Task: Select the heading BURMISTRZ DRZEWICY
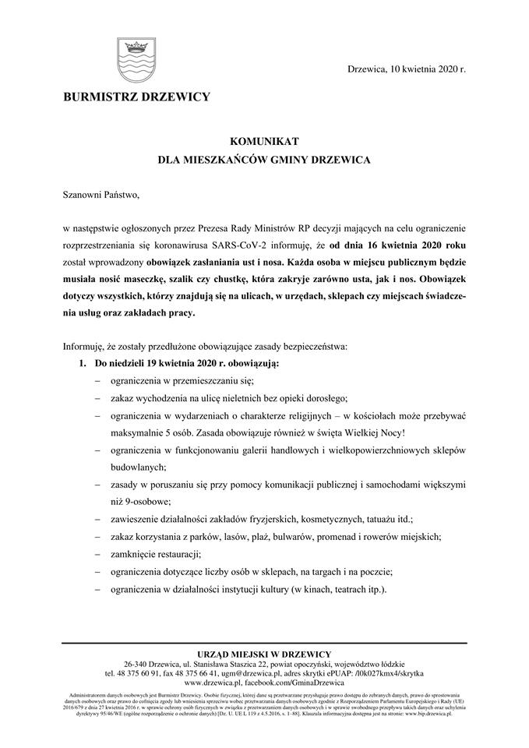click(x=136, y=97)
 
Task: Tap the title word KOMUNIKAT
click(x=264, y=141)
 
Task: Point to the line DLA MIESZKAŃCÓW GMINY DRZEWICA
click(x=264, y=159)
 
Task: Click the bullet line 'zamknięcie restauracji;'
click(x=157, y=554)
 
